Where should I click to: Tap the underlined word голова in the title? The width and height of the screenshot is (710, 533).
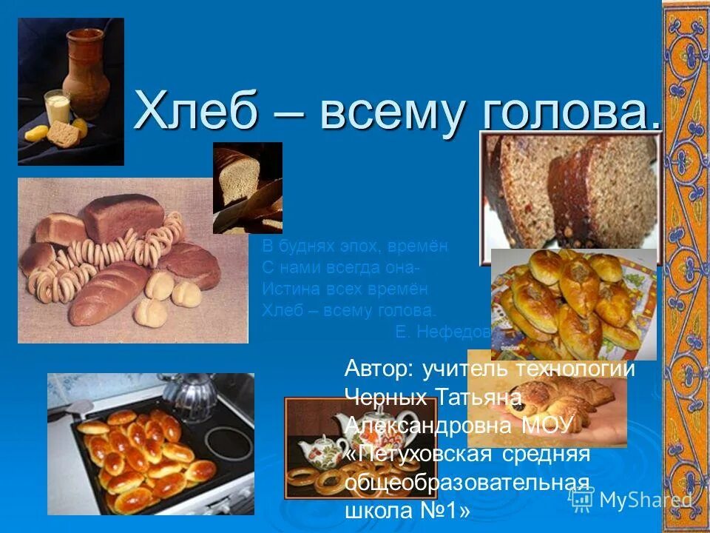[x=571, y=113]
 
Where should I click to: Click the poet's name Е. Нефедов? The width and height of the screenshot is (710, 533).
[x=443, y=332]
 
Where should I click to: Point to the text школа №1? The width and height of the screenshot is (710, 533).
[x=407, y=512]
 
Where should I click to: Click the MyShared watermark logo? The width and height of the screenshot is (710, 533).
[x=632, y=500]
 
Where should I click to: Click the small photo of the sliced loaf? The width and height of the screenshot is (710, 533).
[x=247, y=187]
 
